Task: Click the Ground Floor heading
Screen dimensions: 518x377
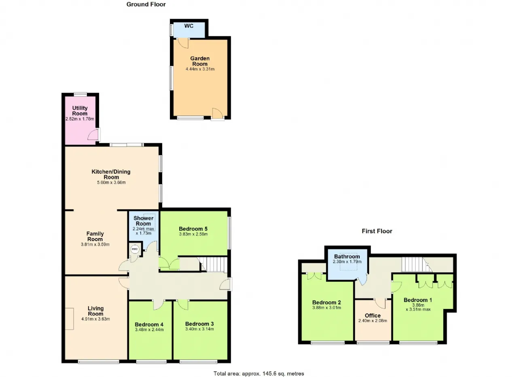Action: click(146, 4)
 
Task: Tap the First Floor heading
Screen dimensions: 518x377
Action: click(377, 231)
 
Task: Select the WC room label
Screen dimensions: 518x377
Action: click(189, 26)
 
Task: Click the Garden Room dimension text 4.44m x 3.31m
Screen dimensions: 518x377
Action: click(200, 69)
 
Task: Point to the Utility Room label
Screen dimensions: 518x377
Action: click(80, 111)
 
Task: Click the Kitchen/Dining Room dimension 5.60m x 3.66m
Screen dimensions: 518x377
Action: click(111, 182)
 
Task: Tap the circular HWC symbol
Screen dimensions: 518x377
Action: click(135, 249)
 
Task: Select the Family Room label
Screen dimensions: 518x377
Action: click(95, 236)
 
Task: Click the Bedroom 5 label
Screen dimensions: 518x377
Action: click(193, 229)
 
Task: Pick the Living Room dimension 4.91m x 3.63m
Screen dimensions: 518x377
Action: click(96, 319)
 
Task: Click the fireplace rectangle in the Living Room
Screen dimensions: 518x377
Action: click(69, 319)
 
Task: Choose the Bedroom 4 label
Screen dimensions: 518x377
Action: click(149, 324)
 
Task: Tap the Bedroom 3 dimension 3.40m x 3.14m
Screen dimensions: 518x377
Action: click(200, 329)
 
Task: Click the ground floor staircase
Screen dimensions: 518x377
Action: click(214, 264)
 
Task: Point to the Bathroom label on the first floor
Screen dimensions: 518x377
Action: click(347, 256)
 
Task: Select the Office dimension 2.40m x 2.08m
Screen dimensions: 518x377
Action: click(373, 321)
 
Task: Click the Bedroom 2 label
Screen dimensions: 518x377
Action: click(327, 302)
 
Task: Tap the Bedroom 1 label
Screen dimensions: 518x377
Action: click(418, 300)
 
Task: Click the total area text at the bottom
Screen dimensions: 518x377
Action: click(259, 373)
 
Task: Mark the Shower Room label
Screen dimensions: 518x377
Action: click(143, 221)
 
